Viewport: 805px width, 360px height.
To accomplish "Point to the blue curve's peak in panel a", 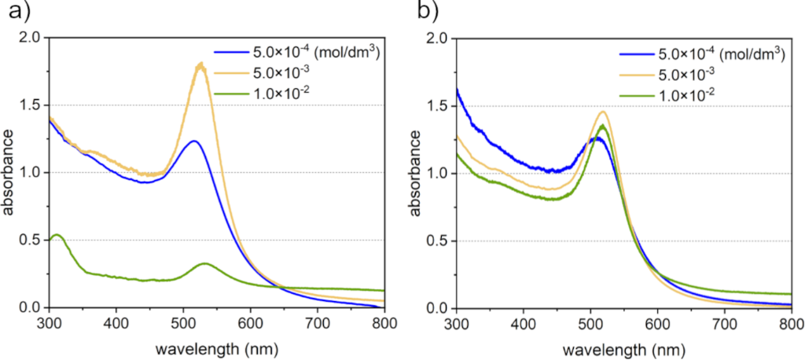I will (x=193, y=141).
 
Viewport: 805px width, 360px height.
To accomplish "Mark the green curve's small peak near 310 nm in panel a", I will (x=57, y=235).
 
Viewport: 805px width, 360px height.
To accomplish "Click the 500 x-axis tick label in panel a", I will (x=183, y=321).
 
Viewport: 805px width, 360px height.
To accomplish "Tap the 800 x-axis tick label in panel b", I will (x=791, y=321).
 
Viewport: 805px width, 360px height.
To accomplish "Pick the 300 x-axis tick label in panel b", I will (x=456, y=321).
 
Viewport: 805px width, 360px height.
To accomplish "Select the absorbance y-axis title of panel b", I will (x=414, y=173).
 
